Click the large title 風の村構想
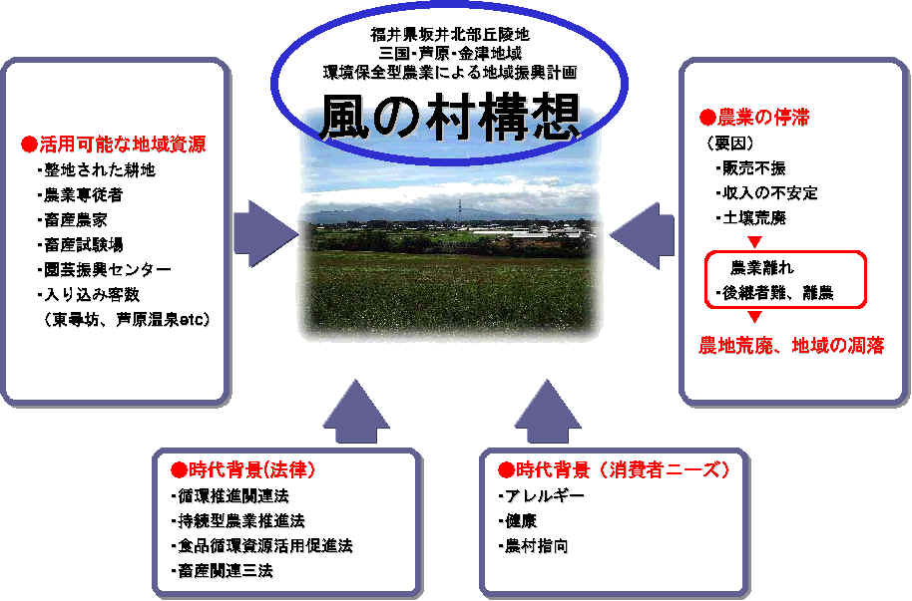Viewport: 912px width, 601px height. [x=449, y=118]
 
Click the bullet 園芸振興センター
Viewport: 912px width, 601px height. [x=104, y=270]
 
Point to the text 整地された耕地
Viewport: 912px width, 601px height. [x=96, y=169]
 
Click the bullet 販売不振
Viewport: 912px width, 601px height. [x=751, y=168]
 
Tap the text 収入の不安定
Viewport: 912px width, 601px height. [x=766, y=193]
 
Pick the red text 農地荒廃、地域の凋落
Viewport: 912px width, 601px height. [x=791, y=345]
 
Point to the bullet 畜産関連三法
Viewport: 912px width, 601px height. [x=223, y=571]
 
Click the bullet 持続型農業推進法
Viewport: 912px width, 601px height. [x=237, y=521]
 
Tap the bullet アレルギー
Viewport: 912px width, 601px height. [x=542, y=495]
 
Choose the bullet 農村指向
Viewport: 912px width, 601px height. [x=533, y=546]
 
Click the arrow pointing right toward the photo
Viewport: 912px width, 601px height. [x=265, y=233]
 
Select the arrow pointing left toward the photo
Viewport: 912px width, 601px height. [x=643, y=235]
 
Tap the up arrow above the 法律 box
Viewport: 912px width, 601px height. [x=356, y=412]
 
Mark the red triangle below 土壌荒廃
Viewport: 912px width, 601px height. [x=754, y=241]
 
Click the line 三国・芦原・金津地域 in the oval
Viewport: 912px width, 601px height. [x=450, y=53]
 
